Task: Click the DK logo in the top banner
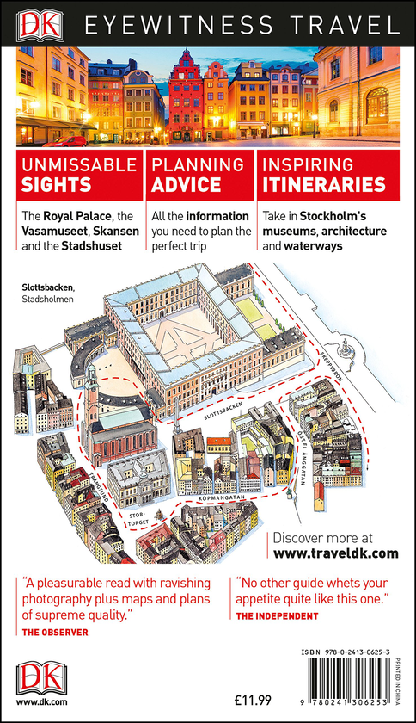(x=40, y=25)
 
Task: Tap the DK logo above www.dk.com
(x=41, y=678)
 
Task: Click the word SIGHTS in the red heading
(x=56, y=184)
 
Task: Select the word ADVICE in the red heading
(x=187, y=184)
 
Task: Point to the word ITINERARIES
(x=324, y=184)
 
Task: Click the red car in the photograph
(x=64, y=141)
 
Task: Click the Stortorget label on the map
(x=138, y=519)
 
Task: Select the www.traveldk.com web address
(x=336, y=553)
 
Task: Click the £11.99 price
(x=253, y=700)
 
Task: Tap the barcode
(x=350, y=683)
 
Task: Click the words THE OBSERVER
(x=55, y=632)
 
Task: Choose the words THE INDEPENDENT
(x=277, y=616)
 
